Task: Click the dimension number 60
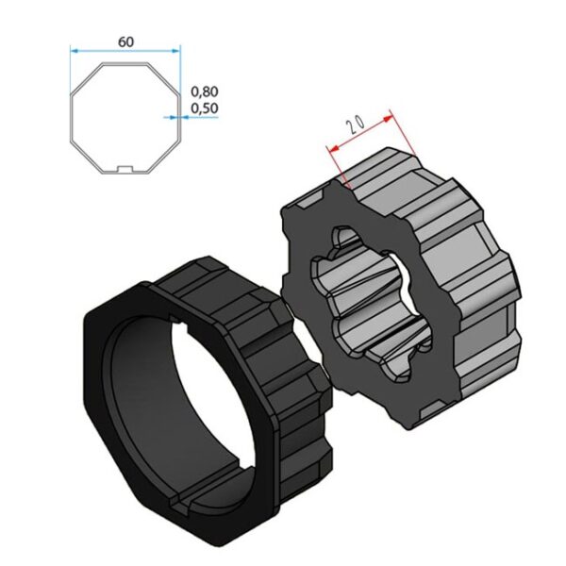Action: pos(125,42)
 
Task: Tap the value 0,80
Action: pos(205,92)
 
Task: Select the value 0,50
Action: pos(205,108)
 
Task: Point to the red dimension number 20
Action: pos(356,125)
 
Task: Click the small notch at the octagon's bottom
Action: pos(125,169)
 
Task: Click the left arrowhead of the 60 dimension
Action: pos(74,51)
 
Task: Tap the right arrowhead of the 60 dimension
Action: pos(176,51)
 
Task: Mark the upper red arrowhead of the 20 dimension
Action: pos(389,119)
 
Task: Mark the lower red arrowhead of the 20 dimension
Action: pos(334,148)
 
